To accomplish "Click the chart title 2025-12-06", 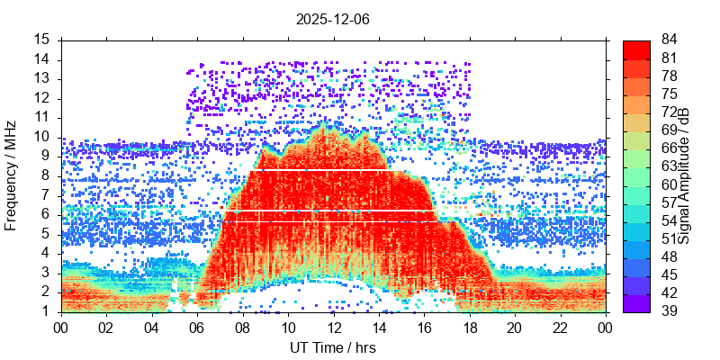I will (x=333, y=18).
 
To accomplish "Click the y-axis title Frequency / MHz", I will (x=12, y=175).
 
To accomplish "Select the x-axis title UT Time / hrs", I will (x=333, y=347).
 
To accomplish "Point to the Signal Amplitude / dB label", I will (x=685, y=175).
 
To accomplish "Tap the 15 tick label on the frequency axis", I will (x=41, y=40).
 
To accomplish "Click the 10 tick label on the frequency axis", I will (x=41, y=137).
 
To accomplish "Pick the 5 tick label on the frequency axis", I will (x=45, y=234).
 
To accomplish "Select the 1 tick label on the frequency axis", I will (x=45, y=311).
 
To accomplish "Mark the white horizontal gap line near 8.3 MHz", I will (x=333, y=170).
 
